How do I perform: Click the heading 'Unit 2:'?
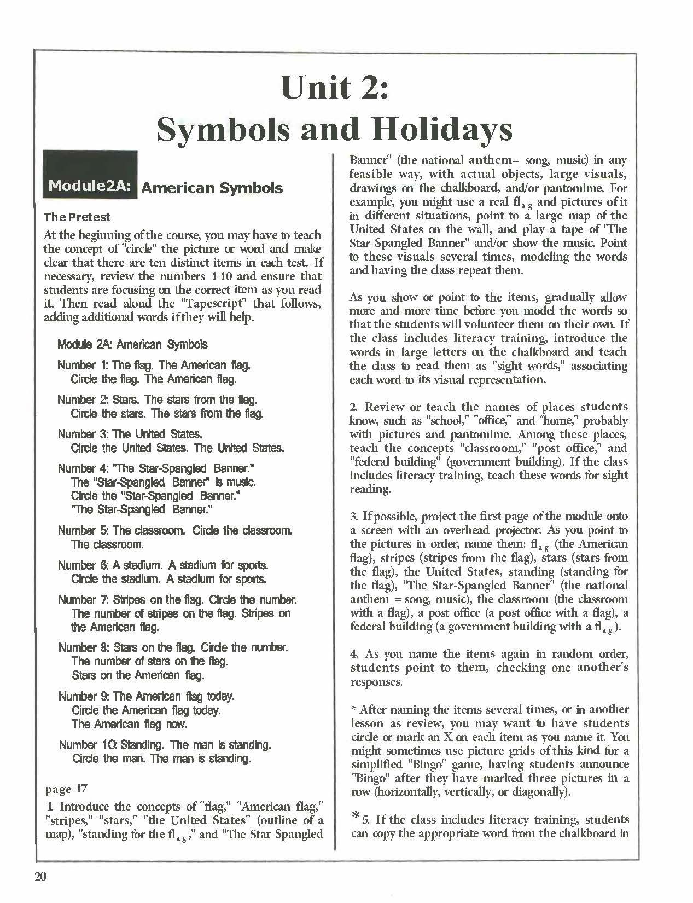[x=335, y=88]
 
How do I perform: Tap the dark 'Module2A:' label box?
[x=90, y=185]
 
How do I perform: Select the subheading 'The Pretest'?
[x=77, y=217]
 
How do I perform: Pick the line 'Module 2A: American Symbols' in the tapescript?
[x=132, y=344]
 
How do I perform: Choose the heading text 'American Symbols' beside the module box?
[x=212, y=188]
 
